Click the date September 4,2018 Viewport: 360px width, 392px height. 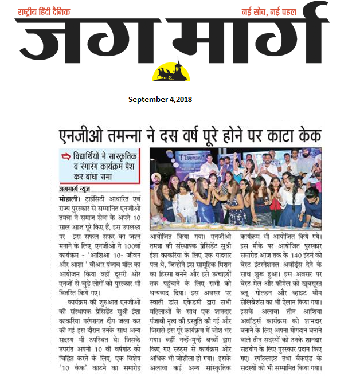pos(160,99)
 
